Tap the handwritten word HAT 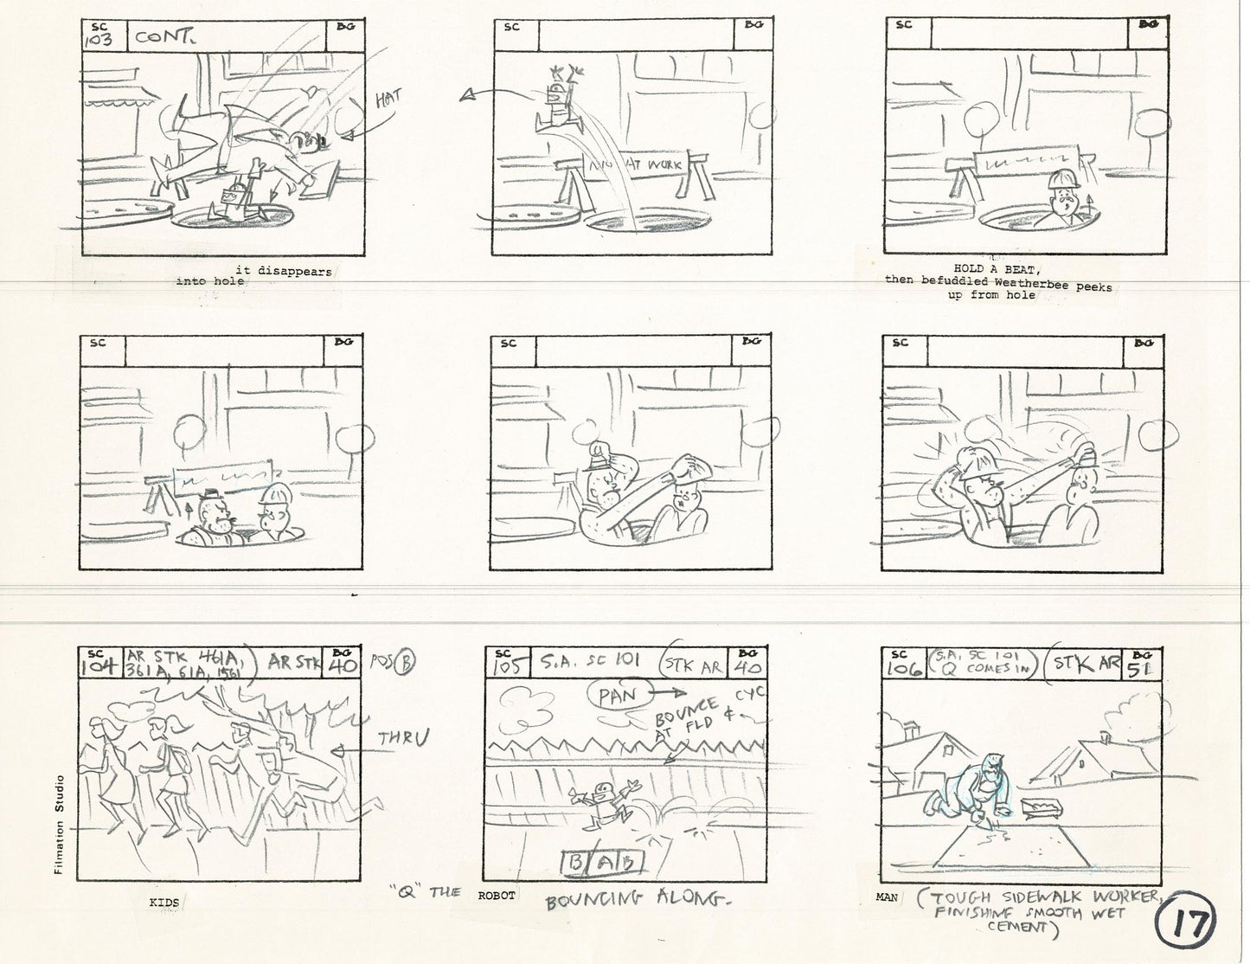[x=388, y=100]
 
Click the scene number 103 [x=99, y=40]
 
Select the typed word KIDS [x=164, y=903]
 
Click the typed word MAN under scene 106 [x=887, y=897]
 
